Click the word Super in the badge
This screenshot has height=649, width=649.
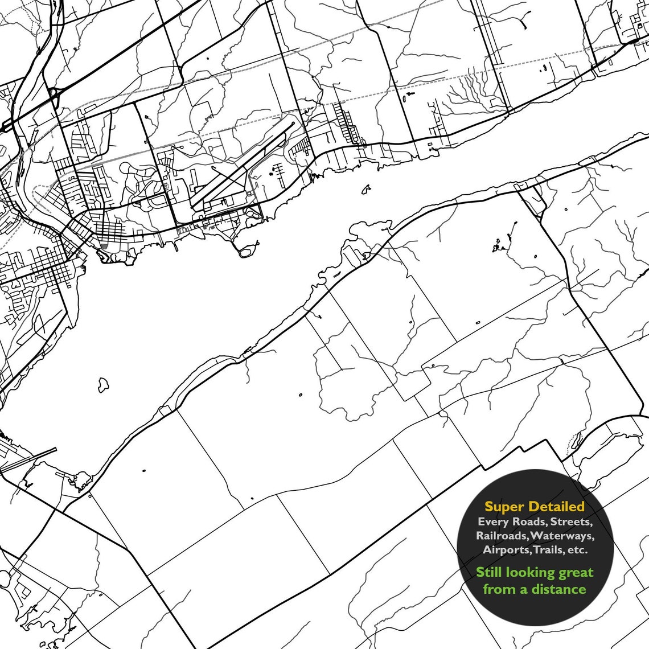tap(504, 506)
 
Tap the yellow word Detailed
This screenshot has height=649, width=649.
tap(556, 506)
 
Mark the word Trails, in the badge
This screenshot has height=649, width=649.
tap(549, 550)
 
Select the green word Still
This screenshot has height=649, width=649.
tap(494, 572)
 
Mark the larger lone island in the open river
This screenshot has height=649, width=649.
tap(104, 384)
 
